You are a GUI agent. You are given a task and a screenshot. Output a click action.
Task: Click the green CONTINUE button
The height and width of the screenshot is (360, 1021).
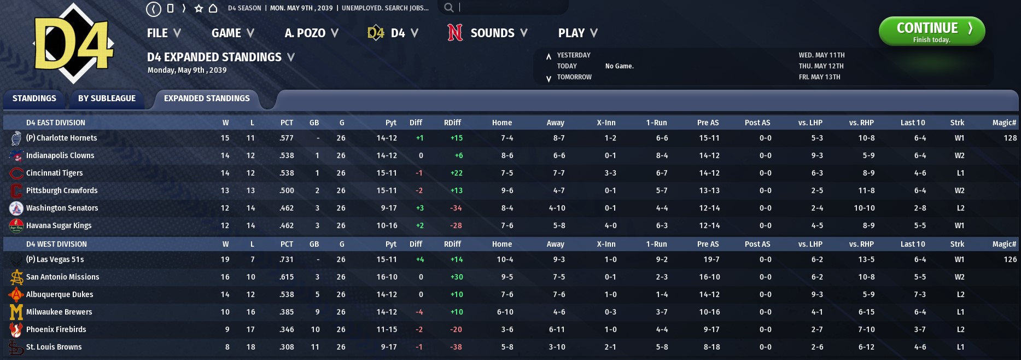point(931,31)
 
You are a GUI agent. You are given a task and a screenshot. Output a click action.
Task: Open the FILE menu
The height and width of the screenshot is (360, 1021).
point(163,33)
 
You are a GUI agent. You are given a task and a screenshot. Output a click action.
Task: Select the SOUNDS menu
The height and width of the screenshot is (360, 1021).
point(487,33)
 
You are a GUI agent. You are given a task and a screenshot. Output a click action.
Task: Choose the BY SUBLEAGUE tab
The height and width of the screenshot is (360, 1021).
point(107,98)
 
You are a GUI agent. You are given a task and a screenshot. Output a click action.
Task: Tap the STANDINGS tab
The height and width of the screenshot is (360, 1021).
point(34,98)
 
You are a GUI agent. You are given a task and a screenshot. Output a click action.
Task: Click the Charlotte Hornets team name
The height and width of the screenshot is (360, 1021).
point(61,138)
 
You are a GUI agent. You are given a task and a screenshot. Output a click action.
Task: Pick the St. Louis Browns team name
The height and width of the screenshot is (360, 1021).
point(54,347)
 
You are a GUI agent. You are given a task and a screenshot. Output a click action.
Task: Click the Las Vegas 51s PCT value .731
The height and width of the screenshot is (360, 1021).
point(287,260)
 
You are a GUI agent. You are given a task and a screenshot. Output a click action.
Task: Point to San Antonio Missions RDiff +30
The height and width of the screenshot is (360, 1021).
point(456,277)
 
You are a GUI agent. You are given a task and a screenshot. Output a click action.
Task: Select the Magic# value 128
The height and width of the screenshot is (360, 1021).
point(1010,138)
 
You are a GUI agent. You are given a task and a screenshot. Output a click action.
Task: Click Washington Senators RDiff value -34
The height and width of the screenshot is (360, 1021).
point(456,208)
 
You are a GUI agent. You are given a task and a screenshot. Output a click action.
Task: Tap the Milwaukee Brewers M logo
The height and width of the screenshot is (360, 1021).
point(16,312)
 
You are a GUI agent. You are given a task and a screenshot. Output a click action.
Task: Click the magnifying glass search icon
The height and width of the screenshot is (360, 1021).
point(448,8)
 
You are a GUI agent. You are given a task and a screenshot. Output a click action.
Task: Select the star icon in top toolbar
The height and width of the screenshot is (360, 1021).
point(199,8)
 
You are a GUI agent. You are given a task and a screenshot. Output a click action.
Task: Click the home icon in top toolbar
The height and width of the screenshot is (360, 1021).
point(213,8)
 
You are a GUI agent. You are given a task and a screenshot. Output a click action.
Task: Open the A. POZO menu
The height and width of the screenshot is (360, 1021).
point(311,33)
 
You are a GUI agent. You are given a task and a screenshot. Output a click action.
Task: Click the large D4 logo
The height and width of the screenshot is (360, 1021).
point(74,44)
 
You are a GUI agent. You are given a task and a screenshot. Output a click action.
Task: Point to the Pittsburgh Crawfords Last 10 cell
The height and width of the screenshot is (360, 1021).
point(920,191)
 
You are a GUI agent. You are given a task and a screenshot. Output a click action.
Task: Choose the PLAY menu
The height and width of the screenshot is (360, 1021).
point(577,33)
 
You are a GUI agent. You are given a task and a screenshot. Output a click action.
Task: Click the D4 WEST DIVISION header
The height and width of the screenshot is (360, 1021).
point(56,245)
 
